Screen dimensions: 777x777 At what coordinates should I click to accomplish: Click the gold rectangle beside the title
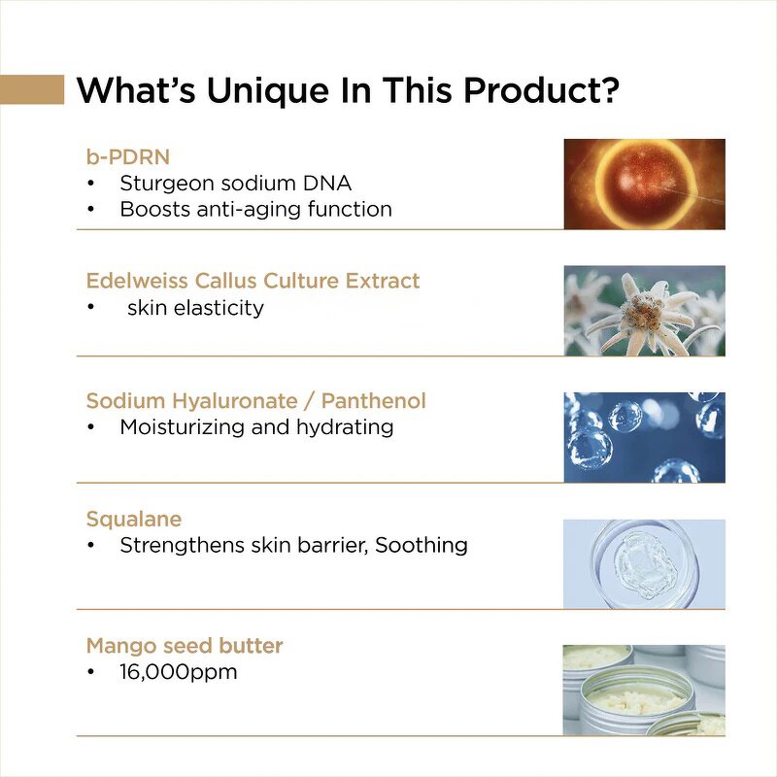point(32,89)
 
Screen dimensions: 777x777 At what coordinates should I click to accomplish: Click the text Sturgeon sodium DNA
point(235,182)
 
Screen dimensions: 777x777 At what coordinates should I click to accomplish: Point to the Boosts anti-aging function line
point(255,209)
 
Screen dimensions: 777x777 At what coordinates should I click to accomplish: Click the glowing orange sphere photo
point(645,184)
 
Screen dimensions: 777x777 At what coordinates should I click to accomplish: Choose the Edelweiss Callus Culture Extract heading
point(253,281)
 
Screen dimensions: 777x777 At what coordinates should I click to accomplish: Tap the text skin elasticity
point(195,308)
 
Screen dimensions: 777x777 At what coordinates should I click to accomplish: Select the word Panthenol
point(373,401)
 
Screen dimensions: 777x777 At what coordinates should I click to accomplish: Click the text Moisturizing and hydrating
point(256,427)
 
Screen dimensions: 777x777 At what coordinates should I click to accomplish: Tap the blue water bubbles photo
point(645,437)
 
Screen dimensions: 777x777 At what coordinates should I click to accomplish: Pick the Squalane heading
point(133,520)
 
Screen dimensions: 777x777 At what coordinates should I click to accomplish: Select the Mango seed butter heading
point(185,645)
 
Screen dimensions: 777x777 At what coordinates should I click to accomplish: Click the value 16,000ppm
point(179,672)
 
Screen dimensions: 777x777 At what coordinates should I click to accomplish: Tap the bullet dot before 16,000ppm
point(91,672)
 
